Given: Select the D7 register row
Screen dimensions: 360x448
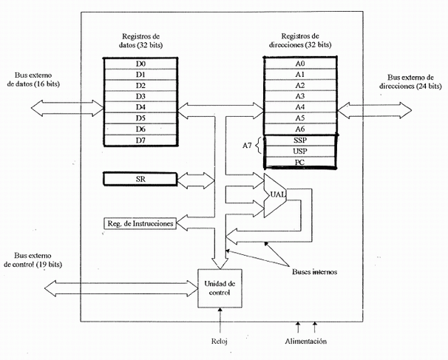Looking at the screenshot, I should [140, 140].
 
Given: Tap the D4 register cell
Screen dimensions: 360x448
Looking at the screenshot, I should [140, 107].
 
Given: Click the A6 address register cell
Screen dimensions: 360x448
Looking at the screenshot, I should [300, 128].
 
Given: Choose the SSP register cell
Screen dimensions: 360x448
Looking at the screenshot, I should [300, 140].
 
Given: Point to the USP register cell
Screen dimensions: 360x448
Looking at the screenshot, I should [300, 151].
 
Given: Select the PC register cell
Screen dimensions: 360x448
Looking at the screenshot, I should [300, 161].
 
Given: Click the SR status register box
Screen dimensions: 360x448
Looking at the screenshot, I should [140, 180].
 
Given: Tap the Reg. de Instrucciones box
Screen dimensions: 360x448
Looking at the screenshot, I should [140, 223].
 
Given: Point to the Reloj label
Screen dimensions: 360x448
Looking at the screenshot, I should [220, 341].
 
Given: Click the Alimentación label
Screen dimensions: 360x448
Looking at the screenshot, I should [308, 341].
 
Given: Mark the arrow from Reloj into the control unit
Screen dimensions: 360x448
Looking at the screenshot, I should [220, 320].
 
